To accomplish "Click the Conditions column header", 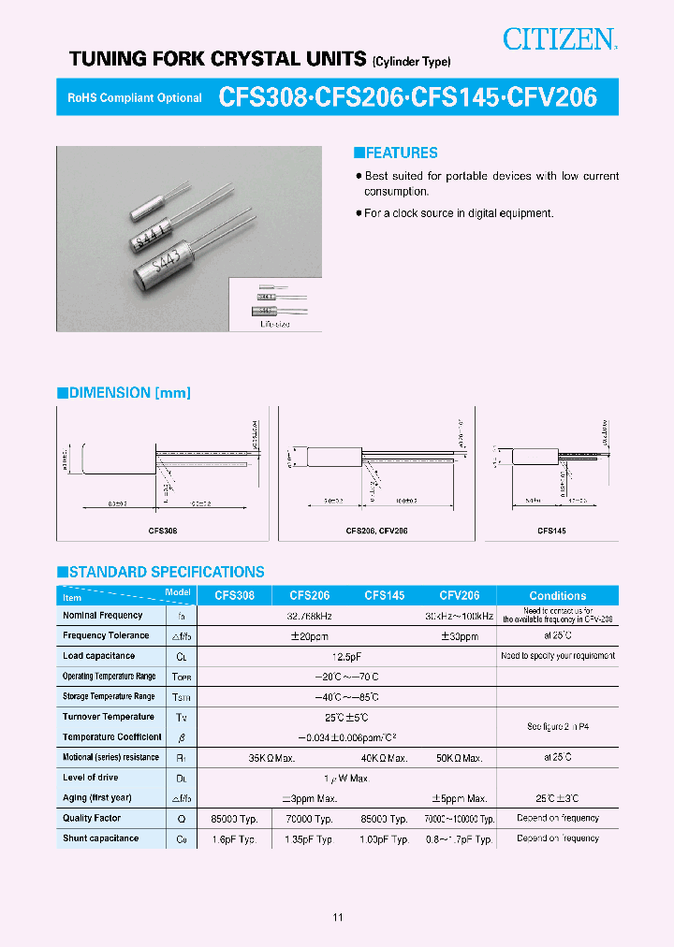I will [x=557, y=596].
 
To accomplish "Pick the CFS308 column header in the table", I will [x=234, y=595].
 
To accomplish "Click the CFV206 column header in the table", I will [x=460, y=595].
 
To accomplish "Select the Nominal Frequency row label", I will [x=103, y=616].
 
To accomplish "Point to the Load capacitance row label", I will [x=98, y=656].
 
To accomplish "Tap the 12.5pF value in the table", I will [x=345, y=657].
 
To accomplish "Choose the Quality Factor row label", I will [x=92, y=818].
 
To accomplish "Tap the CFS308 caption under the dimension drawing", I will [x=164, y=531].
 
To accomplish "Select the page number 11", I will [x=337, y=917].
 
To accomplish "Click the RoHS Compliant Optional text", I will [x=135, y=98].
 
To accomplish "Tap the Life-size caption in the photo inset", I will [x=275, y=324].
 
